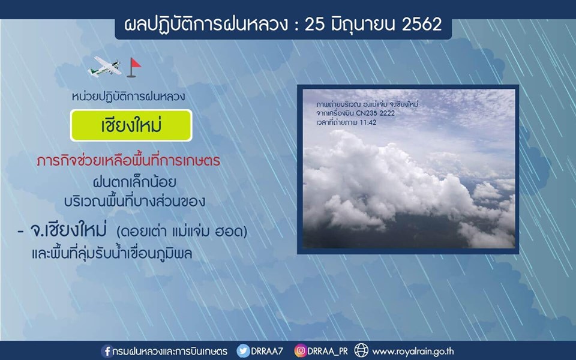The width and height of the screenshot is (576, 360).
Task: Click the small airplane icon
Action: (x=104, y=67)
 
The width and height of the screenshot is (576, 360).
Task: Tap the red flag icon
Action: (x=134, y=67)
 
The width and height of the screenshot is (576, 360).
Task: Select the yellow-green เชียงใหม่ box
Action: (x=131, y=125)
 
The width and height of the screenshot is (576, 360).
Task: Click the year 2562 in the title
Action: (x=422, y=24)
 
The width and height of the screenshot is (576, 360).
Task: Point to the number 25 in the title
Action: (x=314, y=25)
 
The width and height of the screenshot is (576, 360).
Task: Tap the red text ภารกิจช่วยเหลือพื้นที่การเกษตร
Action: (x=128, y=161)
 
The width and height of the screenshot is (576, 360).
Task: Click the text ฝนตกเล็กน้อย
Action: (x=134, y=182)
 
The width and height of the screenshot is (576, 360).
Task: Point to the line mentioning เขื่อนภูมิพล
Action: (x=112, y=253)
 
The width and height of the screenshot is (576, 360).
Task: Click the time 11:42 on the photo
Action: (x=368, y=122)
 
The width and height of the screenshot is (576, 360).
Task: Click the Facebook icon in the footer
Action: (x=107, y=351)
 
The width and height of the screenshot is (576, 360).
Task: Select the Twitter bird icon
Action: (x=243, y=351)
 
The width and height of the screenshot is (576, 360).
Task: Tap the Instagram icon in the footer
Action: (x=300, y=351)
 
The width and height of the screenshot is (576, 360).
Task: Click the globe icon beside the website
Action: (x=361, y=350)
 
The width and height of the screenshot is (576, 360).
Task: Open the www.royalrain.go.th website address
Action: (x=413, y=352)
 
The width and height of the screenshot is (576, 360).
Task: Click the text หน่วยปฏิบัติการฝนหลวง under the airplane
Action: (x=128, y=97)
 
